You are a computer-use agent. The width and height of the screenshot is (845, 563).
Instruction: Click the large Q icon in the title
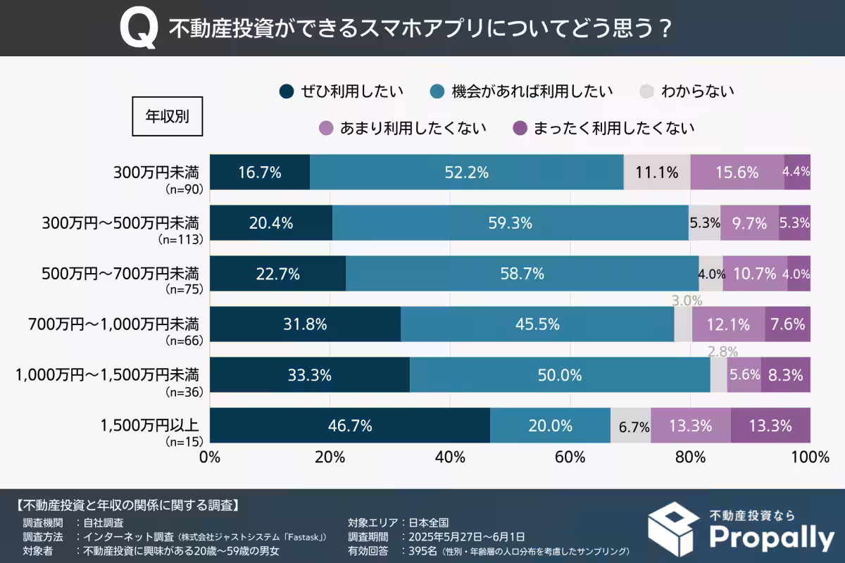click(138, 30)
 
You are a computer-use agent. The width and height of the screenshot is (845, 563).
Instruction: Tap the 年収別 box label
click(167, 116)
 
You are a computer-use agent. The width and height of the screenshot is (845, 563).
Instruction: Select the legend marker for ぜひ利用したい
click(287, 91)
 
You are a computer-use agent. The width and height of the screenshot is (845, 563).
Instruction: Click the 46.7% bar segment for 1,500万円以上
click(349, 426)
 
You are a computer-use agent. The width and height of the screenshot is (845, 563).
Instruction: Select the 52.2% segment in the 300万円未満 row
click(466, 172)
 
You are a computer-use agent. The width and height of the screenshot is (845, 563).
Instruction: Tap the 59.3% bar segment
click(510, 223)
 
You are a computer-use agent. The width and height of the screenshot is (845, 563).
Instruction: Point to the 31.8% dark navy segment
click(305, 324)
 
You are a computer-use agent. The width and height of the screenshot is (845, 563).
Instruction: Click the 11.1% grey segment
click(656, 172)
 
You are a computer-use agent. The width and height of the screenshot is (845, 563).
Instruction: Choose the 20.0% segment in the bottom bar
click(549, 426)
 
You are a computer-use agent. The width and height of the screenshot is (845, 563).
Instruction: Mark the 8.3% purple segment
click(785, 375)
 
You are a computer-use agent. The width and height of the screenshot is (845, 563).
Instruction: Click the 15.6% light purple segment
click(737, 172)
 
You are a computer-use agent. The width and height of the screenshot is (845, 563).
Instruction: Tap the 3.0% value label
click(687, 301)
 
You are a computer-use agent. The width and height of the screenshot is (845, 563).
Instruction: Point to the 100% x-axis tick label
click(810, 457)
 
